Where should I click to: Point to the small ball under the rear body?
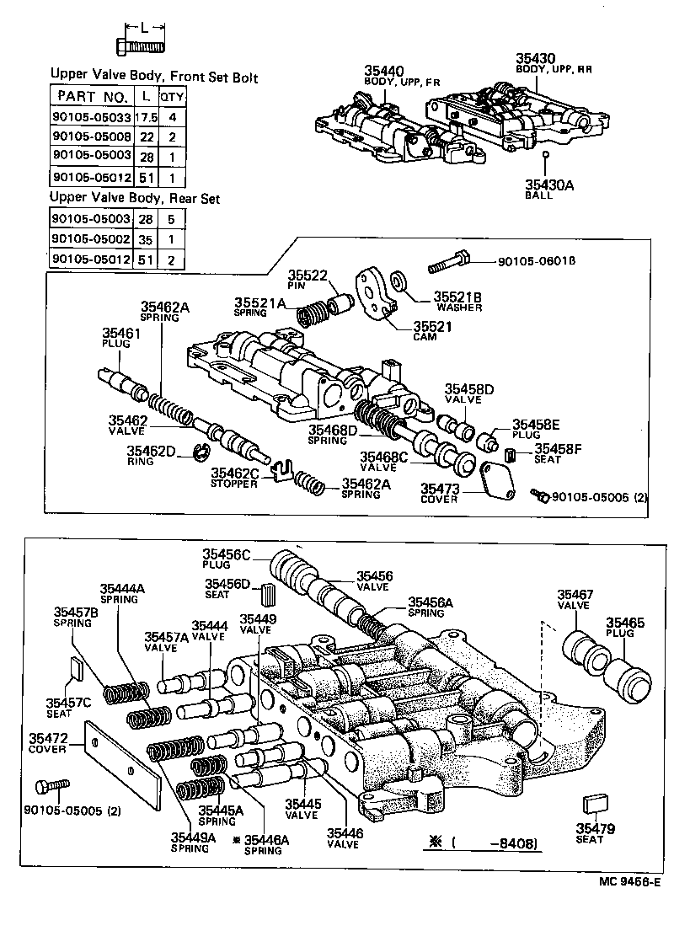546,155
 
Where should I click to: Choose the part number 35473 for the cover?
439,489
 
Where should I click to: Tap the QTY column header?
173,96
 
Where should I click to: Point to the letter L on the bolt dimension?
144,27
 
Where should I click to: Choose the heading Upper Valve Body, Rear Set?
135,198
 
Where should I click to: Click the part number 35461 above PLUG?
121,334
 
